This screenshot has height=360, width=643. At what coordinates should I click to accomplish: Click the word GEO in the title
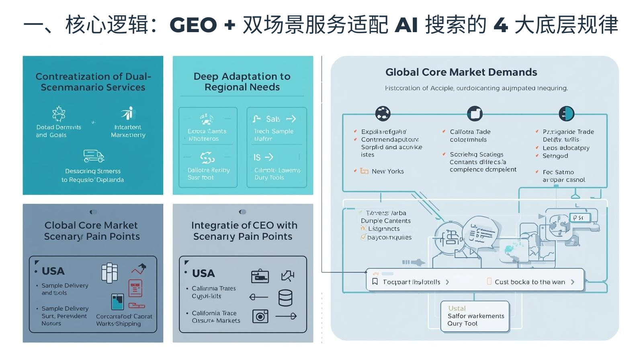pos(193,25)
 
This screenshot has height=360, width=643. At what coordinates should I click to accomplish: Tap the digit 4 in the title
pos(501,25)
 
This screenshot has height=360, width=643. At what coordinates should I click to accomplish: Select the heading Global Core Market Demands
pos(461,72)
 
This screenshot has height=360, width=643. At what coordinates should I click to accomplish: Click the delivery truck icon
pos(93,156)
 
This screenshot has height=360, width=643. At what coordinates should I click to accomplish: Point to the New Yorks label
pos(387,171)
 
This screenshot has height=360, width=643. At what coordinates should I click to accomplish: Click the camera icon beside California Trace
pos(260,317)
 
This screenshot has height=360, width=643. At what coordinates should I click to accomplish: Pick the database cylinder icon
pos(285,298)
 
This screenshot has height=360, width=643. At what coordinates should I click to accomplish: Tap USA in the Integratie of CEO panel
pos(203,274)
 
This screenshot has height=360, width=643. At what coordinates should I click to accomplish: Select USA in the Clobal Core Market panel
pos(53,271)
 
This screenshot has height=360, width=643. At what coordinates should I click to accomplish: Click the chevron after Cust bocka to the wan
pos(573,282)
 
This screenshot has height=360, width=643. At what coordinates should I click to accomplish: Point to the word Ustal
pos(457,308)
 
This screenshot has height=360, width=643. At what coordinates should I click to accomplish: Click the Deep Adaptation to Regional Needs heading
pos(242,82)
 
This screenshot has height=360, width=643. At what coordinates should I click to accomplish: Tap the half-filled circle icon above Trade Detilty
pos(566,114)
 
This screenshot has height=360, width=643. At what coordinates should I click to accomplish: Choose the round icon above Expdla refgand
pos(383,114)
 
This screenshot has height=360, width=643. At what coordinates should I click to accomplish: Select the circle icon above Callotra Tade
pos(475,114)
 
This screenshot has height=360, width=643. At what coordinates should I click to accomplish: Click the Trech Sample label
pos(274,131)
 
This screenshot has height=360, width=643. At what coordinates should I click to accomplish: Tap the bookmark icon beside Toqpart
pos(375,282)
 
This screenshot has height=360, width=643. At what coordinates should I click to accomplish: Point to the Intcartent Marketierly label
pos(128,131)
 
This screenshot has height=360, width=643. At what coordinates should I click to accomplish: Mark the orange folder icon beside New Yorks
pos(364,171)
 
